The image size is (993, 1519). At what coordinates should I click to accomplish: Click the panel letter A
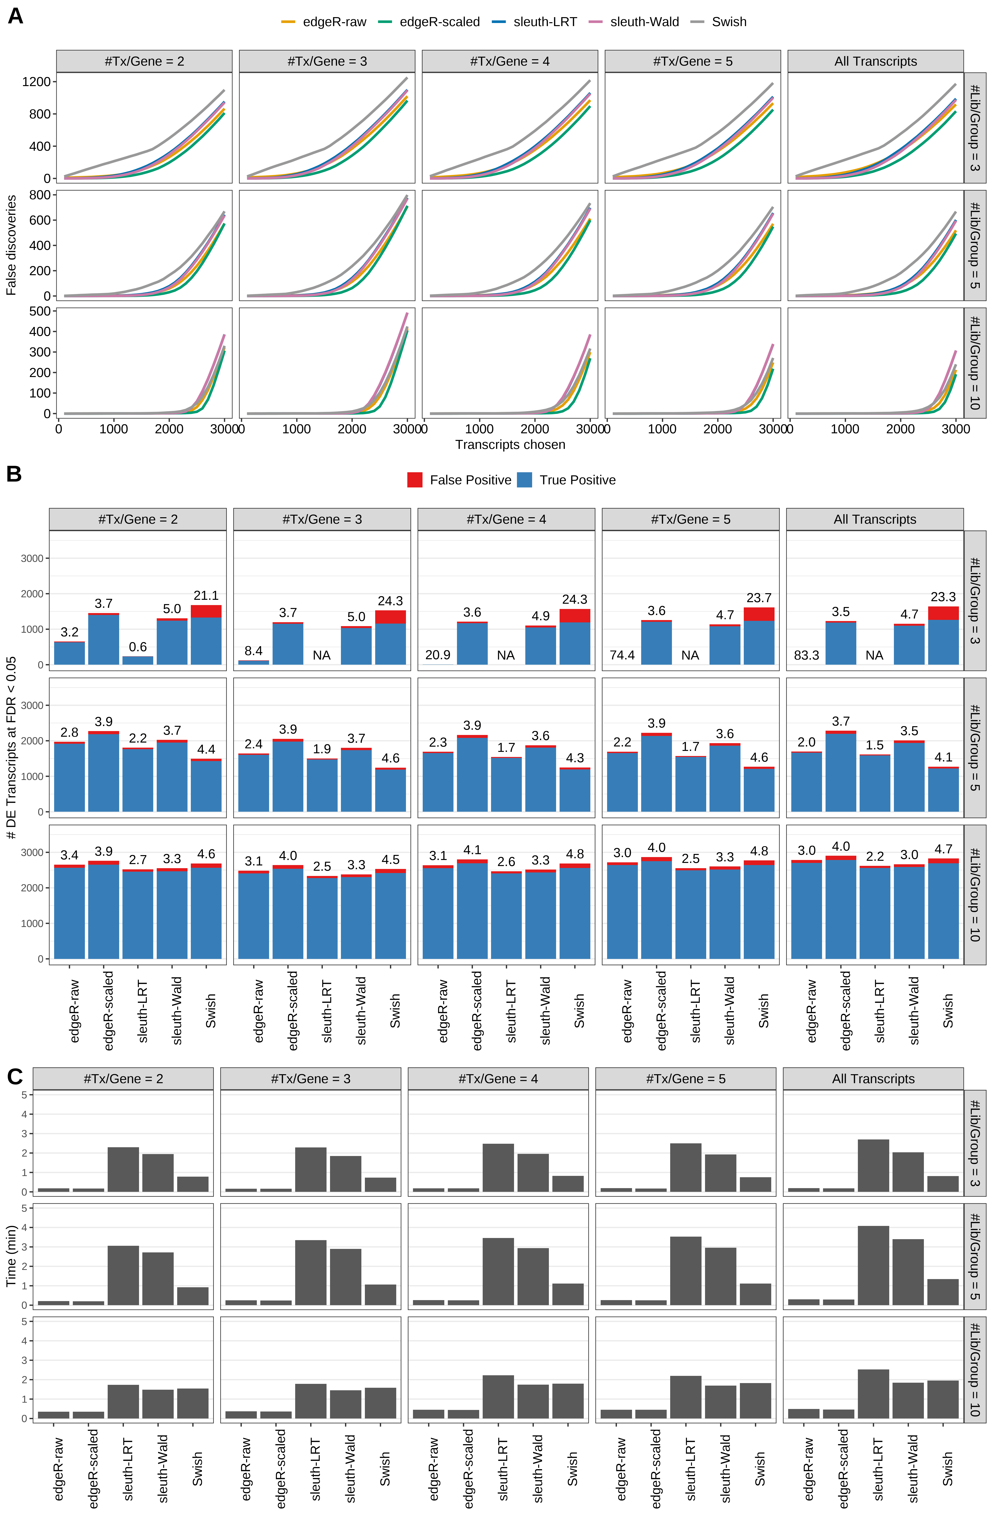[15, 16]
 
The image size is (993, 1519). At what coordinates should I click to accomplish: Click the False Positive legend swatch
[415, 480]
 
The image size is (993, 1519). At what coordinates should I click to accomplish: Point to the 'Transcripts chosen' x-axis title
[510, 445]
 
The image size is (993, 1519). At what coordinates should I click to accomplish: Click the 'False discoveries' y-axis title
[11, 245]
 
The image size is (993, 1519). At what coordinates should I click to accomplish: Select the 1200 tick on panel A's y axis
[36, 82]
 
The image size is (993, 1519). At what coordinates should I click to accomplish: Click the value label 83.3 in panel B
[806, 656]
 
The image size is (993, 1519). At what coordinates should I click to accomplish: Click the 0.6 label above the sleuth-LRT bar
[138, 647]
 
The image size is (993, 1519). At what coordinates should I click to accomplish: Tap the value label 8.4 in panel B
[253, 651]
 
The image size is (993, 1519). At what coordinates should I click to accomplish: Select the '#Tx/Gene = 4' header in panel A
[509, 61]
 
